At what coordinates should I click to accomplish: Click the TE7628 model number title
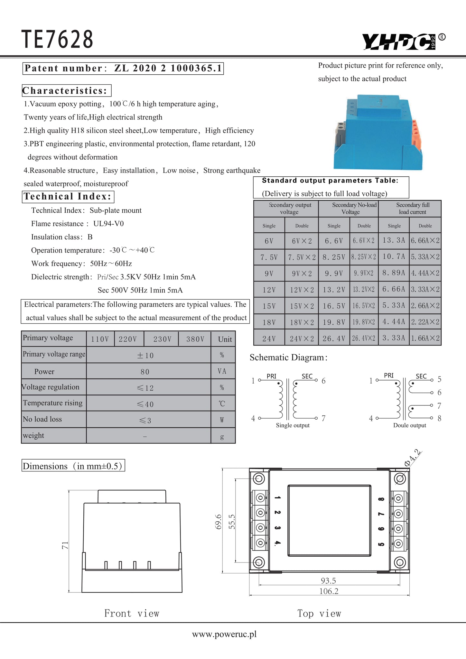57,39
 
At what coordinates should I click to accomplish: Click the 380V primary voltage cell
195,339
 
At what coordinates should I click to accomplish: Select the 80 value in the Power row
145,372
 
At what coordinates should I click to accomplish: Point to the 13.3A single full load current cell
394,240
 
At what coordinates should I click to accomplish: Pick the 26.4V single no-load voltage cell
334,339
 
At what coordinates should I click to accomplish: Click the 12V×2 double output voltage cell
302,290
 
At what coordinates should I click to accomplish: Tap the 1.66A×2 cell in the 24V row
425,338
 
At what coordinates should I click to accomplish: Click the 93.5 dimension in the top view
328,581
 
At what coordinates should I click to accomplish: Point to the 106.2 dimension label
329,591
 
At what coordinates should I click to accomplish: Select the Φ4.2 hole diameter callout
412,458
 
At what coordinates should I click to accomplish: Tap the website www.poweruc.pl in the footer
224,634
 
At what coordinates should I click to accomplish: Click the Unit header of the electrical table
225,339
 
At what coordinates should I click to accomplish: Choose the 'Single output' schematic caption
293,425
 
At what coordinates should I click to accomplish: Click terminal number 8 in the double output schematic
439,418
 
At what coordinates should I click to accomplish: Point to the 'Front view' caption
132,613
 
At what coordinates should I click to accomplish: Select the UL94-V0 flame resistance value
108,224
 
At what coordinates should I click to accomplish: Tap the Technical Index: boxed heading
68,197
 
